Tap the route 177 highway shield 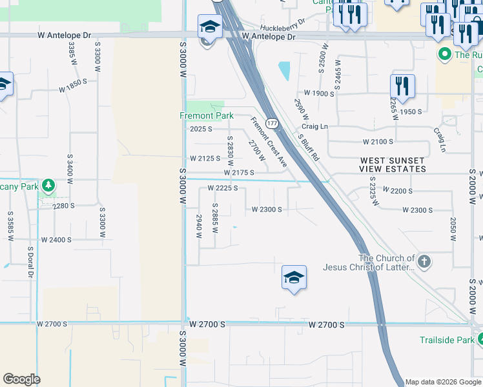click(272, 123)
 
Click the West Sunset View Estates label click(393, 164)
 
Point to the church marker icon click(424, 261)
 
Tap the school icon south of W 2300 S click(294, 278)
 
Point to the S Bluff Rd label click(308, 148)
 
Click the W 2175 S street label click(239, 173)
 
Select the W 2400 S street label click(56, 239)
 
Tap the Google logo click(21, 379)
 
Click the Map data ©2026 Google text click(442, 382)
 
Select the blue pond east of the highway click(283, 71)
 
